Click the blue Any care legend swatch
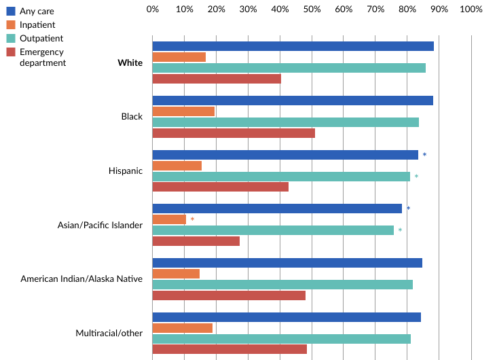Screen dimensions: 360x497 tap(11, 11)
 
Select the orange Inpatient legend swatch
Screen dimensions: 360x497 tap(11, 24)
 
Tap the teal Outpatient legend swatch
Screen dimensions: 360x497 tap(11, 38)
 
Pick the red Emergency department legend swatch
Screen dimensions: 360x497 tap(11, 52)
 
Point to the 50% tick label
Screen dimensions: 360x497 tap(312, 10)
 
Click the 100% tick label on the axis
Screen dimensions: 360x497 tap(471, 10)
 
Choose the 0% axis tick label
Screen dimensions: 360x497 tap(153, 10)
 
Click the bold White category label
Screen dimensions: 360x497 tap(130, 63)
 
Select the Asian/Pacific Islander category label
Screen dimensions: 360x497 tap(100, 225)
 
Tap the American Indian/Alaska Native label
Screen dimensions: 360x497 tap(81, 278)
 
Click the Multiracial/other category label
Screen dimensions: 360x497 tap(109, 333)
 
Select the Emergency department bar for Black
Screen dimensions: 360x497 tap(234, 133)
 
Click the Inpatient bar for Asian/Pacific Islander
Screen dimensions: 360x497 tap(169, 219)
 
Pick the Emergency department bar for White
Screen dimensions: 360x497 tap(217, 79)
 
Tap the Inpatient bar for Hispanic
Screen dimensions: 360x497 tap(177, 166)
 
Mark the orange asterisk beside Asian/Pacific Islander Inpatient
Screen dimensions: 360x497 tap(192, 219)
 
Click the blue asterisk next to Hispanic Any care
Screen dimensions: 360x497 tap(424, 155)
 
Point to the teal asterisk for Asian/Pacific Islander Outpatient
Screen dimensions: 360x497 tap(400, 230)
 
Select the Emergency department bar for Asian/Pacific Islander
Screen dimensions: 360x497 tap(196, 241)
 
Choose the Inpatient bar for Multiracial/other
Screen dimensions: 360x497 tap(183, 327)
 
